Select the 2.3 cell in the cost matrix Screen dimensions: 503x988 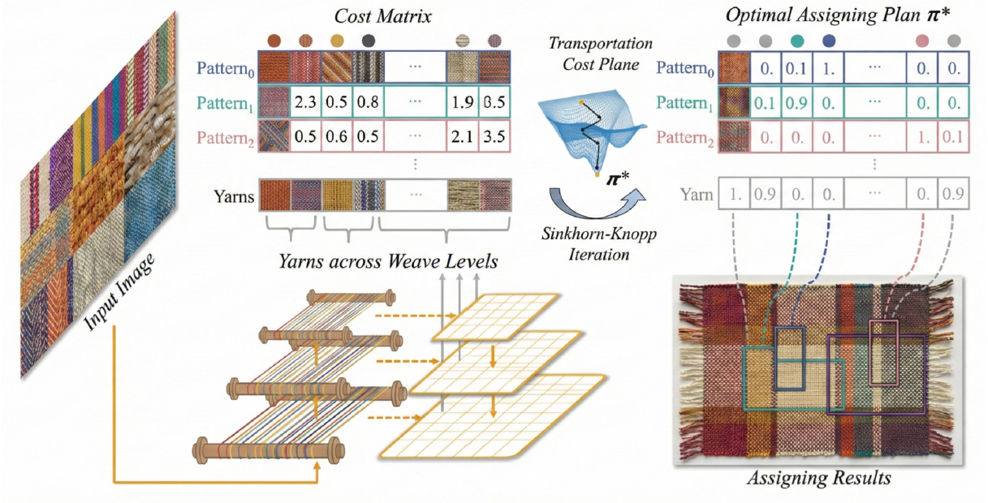coord(306,104)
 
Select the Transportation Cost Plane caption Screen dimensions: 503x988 coord(584,54)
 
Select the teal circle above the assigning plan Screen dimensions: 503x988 coord(796,40)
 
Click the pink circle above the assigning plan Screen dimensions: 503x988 coord(922,40)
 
